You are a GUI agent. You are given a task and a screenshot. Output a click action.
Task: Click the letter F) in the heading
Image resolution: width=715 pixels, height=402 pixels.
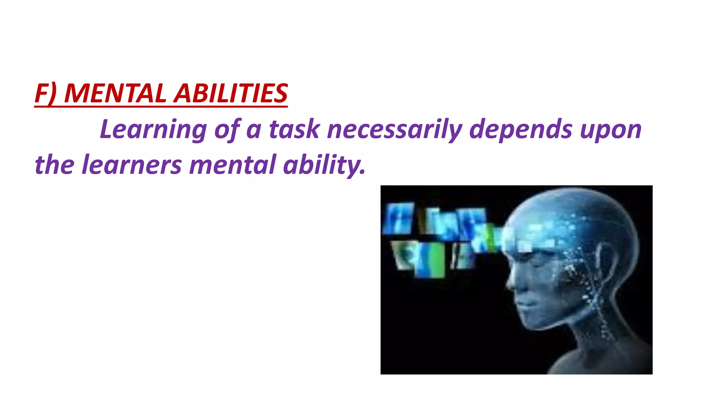click(45, 94)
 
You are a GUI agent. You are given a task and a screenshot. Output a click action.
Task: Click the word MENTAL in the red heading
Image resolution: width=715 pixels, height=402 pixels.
click(115, 94)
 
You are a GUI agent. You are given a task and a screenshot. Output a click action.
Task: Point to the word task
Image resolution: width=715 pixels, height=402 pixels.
click(294, 129)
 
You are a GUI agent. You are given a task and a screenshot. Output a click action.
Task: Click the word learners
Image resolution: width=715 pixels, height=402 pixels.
click(132, 165)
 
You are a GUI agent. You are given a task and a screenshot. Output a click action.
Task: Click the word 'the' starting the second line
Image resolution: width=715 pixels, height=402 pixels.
click(54, 165)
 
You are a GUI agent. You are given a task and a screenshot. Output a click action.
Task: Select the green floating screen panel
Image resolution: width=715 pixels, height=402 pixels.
click(433, 260)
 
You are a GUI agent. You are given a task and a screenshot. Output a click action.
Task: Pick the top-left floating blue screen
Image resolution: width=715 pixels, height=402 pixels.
click(398, 218)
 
